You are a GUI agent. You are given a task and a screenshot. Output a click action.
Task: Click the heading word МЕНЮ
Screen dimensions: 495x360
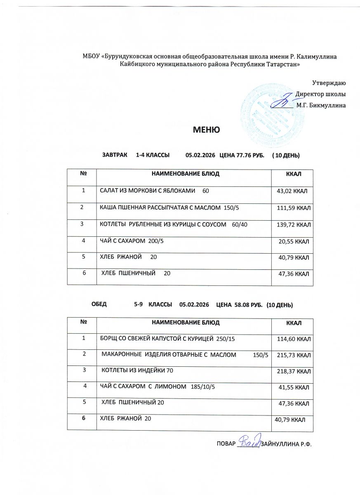coord(207,130)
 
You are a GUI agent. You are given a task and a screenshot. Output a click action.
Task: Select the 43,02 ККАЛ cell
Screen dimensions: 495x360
coord(293,191)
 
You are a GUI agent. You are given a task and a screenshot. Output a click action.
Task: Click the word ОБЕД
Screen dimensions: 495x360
coord(99,305)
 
